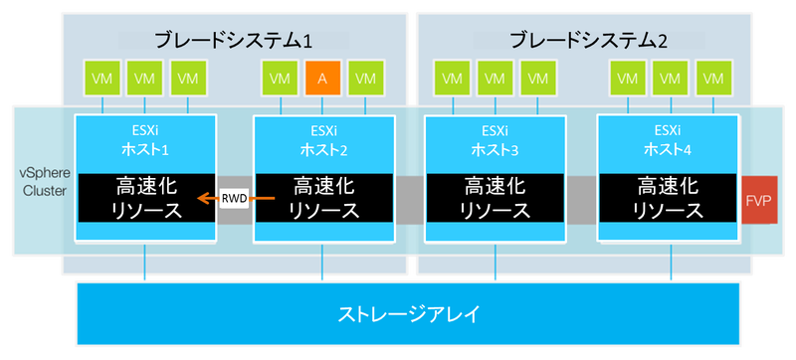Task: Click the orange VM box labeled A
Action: (x=321, y=78)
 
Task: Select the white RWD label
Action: (x=234, y=199)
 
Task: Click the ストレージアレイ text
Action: (x=408, y=315)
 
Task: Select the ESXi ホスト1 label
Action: (x=145, y=140)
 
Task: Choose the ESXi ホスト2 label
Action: (x=321, y=140)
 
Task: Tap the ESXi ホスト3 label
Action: (x=495, y=140)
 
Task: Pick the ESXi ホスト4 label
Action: (x=668, y=140)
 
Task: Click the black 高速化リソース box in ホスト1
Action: (x=145, y=198)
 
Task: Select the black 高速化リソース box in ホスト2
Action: (x=321, y=198)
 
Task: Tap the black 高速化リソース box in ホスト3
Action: (x=495, y=198)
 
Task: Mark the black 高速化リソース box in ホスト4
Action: (x=668, y=198)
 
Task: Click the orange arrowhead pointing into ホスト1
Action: (x=201, y=199)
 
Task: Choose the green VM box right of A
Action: (x=366, y=78)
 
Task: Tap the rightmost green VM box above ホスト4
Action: (x=712, y=78)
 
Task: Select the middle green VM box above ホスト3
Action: (x=495, y=78)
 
